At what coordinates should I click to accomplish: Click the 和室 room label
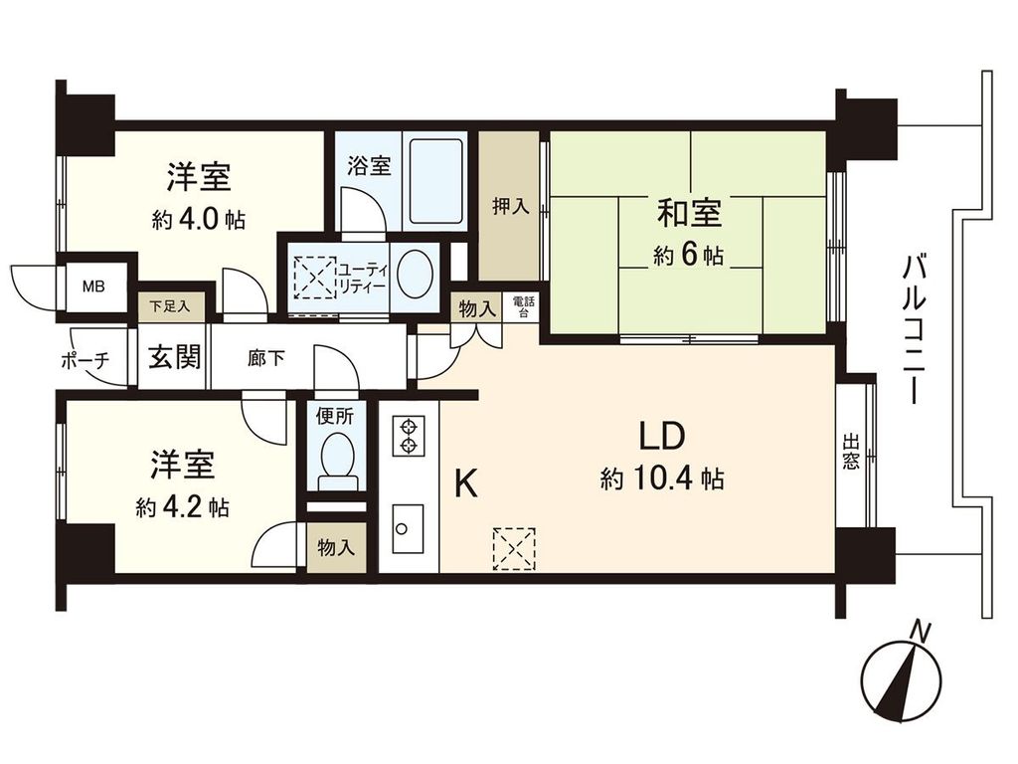pyautogui.click(x=688, y=213)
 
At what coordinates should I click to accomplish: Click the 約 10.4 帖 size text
pyautogui.click(x=661, y=480)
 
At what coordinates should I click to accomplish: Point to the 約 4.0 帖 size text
pyautogui.click(x=199, y=221)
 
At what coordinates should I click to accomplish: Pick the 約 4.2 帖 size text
pyautogui.click(x=183, y=507)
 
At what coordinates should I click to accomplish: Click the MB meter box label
pyautogui.click(x=93, y=288)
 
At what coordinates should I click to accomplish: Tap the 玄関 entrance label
pyautogui.click(x=174, y=356)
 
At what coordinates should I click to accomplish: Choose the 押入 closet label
pyautogui.click(x=510, y=207)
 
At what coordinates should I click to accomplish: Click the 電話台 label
pyautogui.click(x=522, y=305)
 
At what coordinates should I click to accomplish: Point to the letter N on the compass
pyautogui.click(x=923, y=631)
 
